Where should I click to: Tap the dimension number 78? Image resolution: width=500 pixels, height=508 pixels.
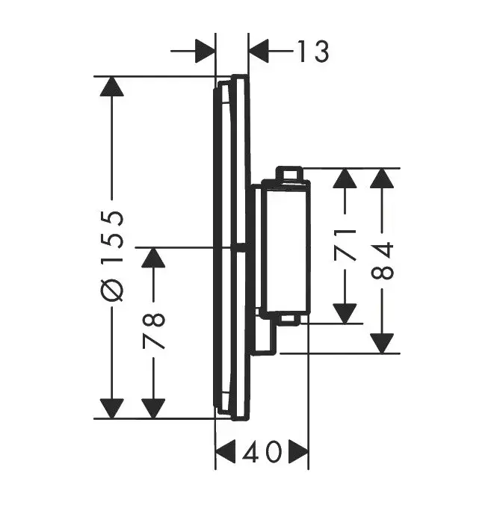153,331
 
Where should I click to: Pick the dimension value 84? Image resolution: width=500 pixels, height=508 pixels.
382,259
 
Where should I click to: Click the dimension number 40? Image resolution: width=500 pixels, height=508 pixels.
262,451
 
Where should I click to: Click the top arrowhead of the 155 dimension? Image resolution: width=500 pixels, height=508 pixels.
112,86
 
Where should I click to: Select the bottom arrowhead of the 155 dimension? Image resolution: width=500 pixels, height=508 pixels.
112,409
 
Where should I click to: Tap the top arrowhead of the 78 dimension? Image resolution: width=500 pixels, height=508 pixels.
153,257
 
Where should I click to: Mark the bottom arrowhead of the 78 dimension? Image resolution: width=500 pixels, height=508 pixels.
153,409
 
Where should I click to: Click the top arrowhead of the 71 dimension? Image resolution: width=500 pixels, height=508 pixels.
345,178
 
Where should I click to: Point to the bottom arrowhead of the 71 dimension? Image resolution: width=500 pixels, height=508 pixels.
345,314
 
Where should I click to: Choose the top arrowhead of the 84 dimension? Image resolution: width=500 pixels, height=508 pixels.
382,178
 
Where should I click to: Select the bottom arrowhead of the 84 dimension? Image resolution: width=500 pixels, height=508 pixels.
382,343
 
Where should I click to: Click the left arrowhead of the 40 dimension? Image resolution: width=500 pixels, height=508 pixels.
225,451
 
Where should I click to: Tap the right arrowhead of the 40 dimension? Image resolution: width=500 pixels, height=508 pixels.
299,451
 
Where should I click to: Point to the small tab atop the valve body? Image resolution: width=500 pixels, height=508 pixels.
290,173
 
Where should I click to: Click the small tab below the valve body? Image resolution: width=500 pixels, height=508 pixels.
290,319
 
